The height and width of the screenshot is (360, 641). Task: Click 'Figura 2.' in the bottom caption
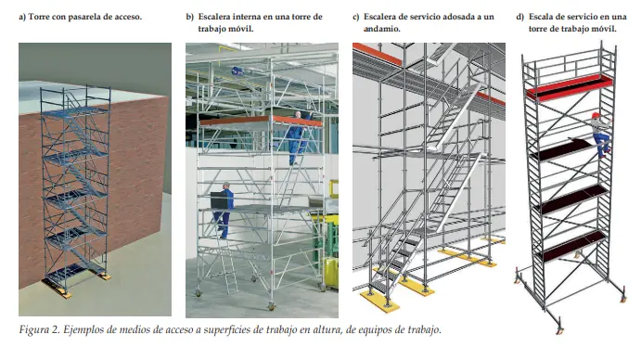coord(39,329)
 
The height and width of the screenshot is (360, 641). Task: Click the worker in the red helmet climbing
coord(601,135)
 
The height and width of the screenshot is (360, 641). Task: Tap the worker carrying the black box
coord(224,210)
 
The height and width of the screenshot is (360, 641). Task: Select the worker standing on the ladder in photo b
coord(296,137)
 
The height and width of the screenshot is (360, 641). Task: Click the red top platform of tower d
coord(569,87)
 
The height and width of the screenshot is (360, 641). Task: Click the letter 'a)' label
coord(22,18)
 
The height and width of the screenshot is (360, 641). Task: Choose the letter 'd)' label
coord(520,18)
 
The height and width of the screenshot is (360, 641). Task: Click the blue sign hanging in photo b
coord(237,71)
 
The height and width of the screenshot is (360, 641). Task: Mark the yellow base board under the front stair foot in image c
coord(379,301)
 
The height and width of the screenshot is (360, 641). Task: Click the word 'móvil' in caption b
coord(242,29)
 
